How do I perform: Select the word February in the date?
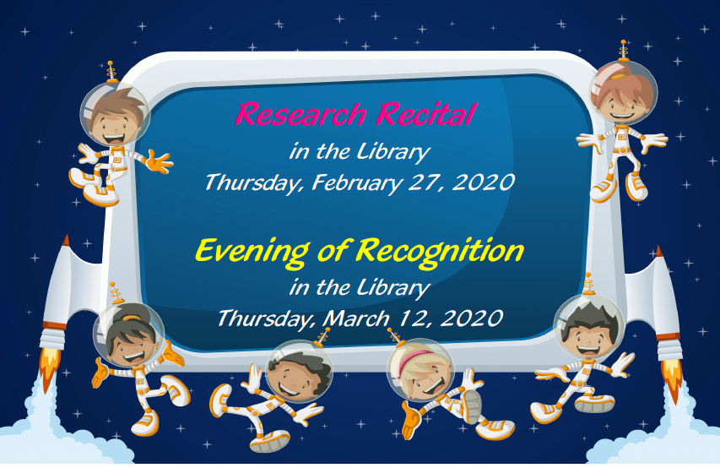click(x=357, y=182)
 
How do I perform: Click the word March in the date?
click(x=356, y=318)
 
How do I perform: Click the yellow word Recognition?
click(x=440, y=252)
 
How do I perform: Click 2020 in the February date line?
click(x=483, y=182)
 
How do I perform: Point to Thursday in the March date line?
click(x=267, y=318)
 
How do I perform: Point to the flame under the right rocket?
click(x=672, y=379)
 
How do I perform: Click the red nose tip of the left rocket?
click(x=66, y=240)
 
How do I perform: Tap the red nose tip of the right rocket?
click(x=659, y=251)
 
